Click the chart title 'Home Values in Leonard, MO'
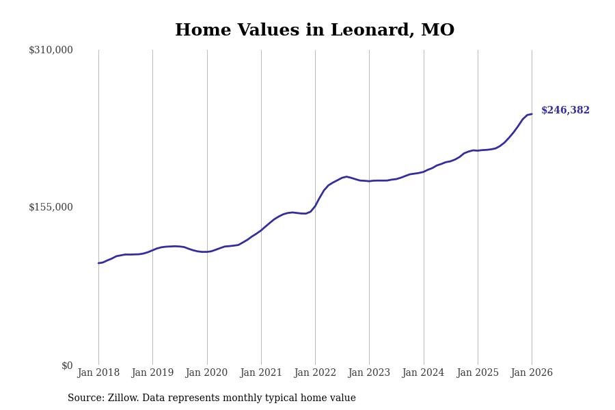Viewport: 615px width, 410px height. pyautogui.click(x=314, y=31)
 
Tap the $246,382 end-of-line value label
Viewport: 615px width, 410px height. pyautogui.click(x=565, y=111)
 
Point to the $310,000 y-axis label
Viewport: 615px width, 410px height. pyautogui.click(x=51, y=50)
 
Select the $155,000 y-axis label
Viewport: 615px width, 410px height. pyautogui.click(x=51, y=207)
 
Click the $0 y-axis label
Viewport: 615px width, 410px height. pyautogui.click(x=67, y=366)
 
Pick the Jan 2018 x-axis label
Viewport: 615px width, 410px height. pyautogui.click(x=98, y=373)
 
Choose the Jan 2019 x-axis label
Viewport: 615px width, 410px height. pyautogui.click(x=152, y=373)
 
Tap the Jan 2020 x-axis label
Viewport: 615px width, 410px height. pyautogui.click(x=206, y=373)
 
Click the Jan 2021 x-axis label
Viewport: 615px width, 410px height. pyautogui.click(x=260, y=373)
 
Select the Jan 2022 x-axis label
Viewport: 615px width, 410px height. pyautogui.click(x=315, y=373)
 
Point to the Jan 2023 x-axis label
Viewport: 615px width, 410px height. pyautogui.click(x=369, y=373)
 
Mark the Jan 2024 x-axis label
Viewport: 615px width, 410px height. pyautogui.click(x=423, y=373)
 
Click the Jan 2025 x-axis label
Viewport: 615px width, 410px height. pyautogui.click(x=478, y=373)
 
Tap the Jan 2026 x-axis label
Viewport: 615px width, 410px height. pyautogui.click(x=532, y=373)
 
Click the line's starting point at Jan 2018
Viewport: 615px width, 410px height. pyautogui.click(x=98, y=263)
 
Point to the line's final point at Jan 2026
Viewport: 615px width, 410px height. pyautogui.click(x=532, y=114)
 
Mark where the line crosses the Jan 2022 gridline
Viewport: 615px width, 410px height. pyautogui.click(x=315, y=205)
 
